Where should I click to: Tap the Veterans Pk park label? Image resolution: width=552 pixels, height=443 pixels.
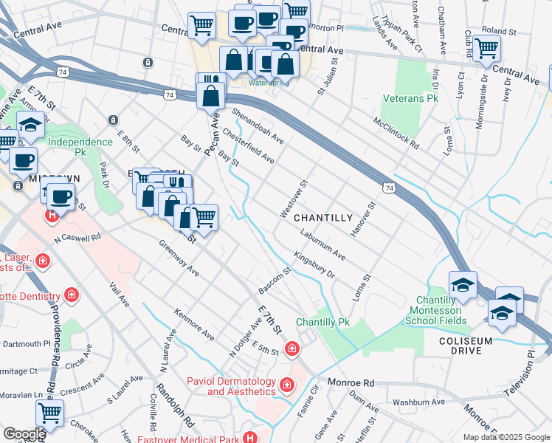tap(410, 98)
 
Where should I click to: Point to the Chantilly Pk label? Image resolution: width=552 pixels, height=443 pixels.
tap(322, 323)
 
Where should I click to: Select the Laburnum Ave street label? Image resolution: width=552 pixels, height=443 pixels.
tap(322, 244)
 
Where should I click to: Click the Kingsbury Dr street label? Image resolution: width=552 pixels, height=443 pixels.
tap(314, 266)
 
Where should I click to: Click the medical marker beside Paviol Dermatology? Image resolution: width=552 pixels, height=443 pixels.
tap(286, 385)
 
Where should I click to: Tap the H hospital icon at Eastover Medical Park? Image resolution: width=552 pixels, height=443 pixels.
tap(252, 437)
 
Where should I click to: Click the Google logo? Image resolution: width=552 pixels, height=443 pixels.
tap(24, 434)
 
